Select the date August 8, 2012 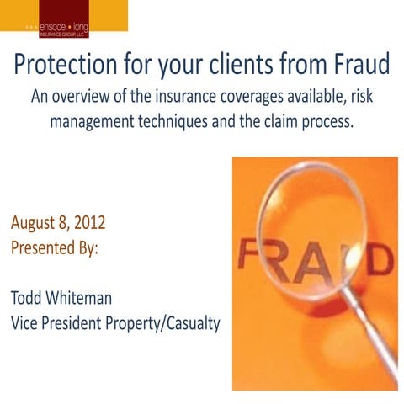coord(58,225)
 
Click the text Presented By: coord(55,248)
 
